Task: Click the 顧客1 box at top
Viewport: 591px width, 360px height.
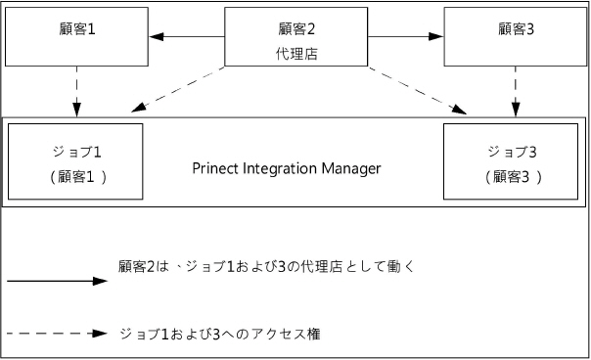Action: point(75,36)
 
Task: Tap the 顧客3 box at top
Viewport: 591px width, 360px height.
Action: point(514,36)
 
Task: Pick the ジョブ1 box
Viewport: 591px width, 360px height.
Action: point(75,161)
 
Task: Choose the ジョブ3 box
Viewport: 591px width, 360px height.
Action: point(514,161)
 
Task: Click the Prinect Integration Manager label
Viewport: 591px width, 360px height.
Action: point(286,168)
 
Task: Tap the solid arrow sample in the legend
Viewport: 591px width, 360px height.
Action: point(56,281)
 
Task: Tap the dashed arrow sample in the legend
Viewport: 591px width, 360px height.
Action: point(56,333)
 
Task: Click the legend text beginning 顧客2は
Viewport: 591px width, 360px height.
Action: point(259,266)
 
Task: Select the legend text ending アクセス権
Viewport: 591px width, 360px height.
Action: point(218,334)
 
